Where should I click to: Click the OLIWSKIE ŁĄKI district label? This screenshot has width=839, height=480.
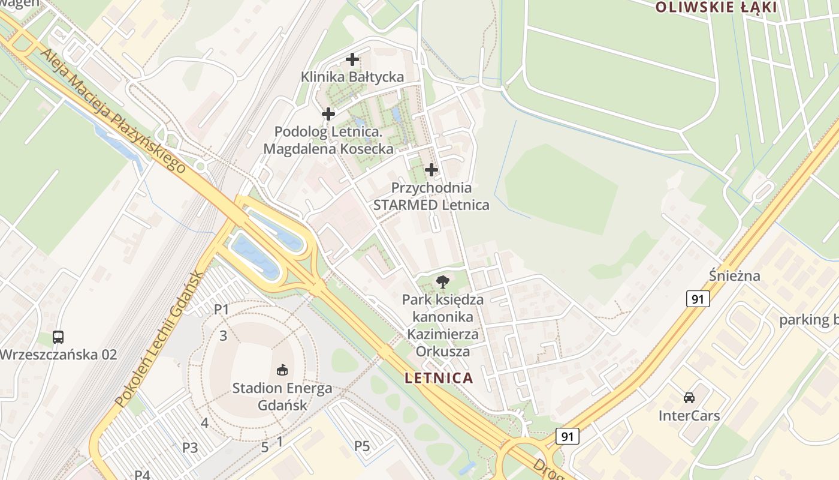(716, 7)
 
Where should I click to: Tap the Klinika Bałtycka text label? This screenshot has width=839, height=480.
(352, 77)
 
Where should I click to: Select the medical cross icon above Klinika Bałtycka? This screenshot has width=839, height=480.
(352, 59)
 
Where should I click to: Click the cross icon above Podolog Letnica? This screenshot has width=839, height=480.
(328, 113)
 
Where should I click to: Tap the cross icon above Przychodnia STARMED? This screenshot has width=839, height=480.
(431, 170)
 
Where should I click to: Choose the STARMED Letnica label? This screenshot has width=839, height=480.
(431, 205)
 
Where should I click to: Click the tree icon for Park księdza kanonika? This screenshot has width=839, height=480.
(443, 281)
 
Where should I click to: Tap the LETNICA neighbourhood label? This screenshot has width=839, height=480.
(439, 378)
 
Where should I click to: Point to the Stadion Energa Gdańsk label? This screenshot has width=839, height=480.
(282, 396)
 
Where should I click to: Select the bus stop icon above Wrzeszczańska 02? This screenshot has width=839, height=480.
(58, 337)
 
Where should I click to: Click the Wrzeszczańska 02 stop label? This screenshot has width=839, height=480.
(58, 354)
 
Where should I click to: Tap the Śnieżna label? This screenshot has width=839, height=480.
(734, 276)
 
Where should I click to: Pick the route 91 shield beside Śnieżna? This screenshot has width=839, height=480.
(698, 298)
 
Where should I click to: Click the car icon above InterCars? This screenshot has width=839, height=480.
(689, 397)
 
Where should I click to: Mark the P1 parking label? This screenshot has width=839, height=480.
(222, 310)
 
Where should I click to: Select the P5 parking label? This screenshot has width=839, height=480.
(362, 446)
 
